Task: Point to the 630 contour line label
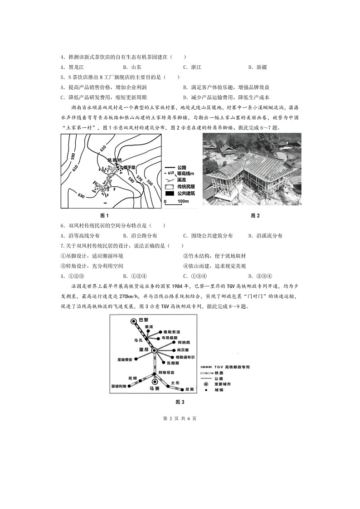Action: (x=81, y=195)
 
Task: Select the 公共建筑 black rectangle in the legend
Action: (x=170, y=194)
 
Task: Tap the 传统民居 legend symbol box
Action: (x=170, y=187)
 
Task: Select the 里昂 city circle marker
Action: (x=154, y=350)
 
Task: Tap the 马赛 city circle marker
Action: (x=154, y=382)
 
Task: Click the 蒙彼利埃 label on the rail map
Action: (x=119, y=386)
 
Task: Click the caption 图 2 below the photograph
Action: (x=255, y=215)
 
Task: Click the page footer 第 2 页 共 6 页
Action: (x=180, y=418)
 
